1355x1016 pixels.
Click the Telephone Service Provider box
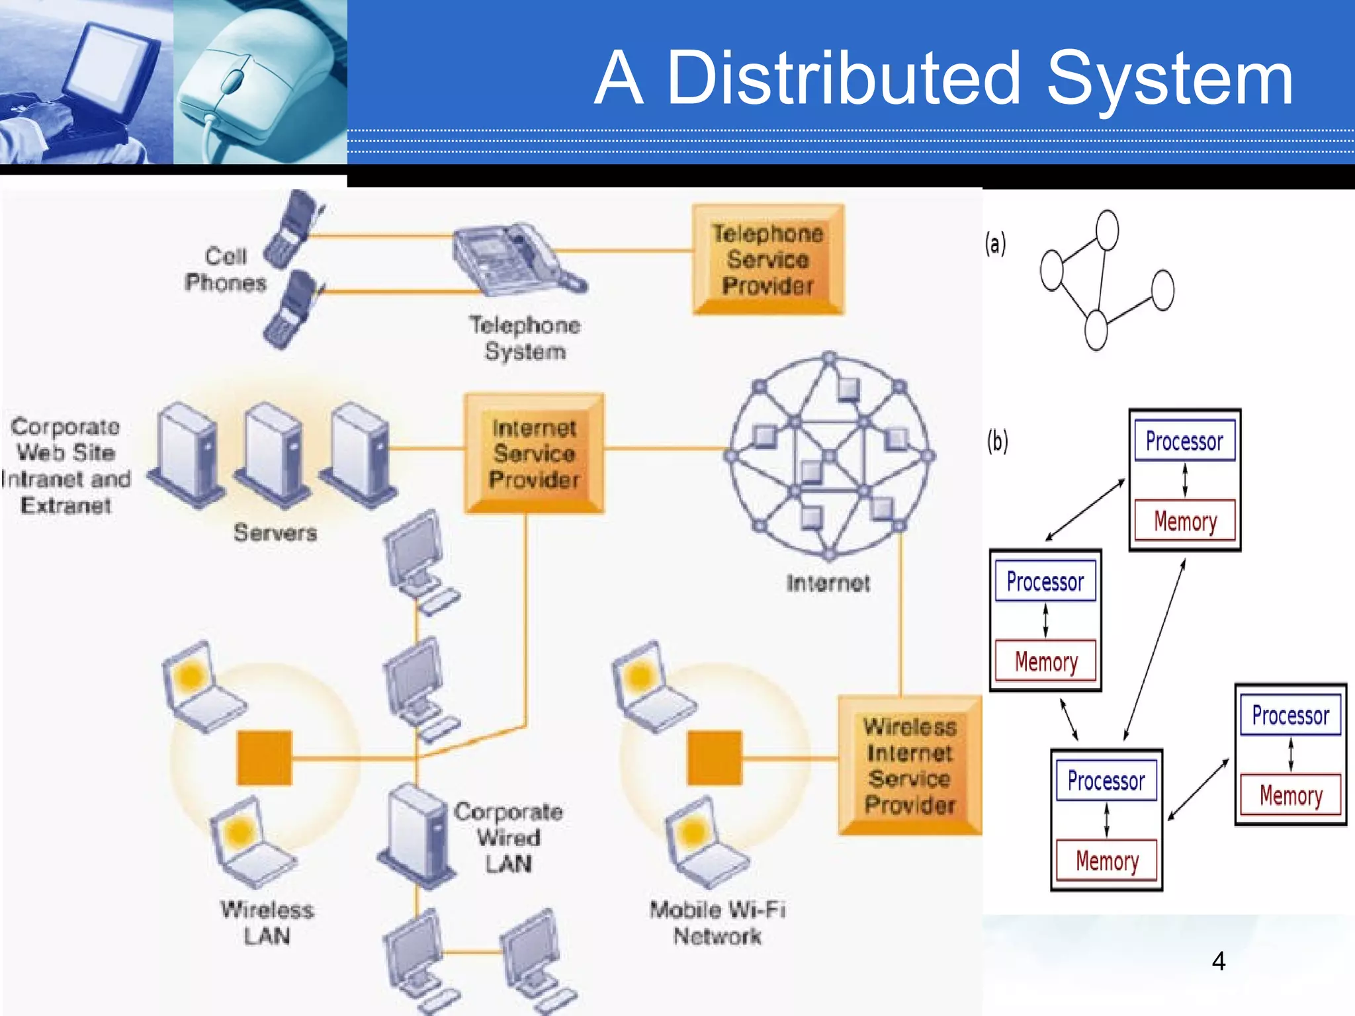(x=767, y=259)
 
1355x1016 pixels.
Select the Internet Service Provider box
(x=534, y=453)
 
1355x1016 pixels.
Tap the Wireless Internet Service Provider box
(x=910, y=765)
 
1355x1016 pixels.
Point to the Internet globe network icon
(x=829, y=456)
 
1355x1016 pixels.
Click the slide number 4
(x=1218, y=960)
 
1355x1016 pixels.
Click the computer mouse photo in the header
(x=259, y=83)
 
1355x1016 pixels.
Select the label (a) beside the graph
(x=995, y=243)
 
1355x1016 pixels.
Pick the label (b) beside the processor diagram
(x=997, y=441)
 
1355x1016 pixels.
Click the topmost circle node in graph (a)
(x=1107, y=230)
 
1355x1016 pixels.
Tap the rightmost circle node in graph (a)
(x=1162, y=290)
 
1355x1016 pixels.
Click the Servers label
(x=275, y=532)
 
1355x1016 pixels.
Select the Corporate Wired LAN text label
(x=508, y=837)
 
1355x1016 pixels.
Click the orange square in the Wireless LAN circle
(x=265, y=757)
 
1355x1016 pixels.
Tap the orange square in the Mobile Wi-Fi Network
(x=715, y=757)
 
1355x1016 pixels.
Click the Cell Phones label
(x=225, y=269)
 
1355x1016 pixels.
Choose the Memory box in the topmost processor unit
(x=1184, y=521)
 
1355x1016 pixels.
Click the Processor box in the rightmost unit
(x=1290, y=714)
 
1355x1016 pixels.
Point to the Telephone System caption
(x=525, y=338)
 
